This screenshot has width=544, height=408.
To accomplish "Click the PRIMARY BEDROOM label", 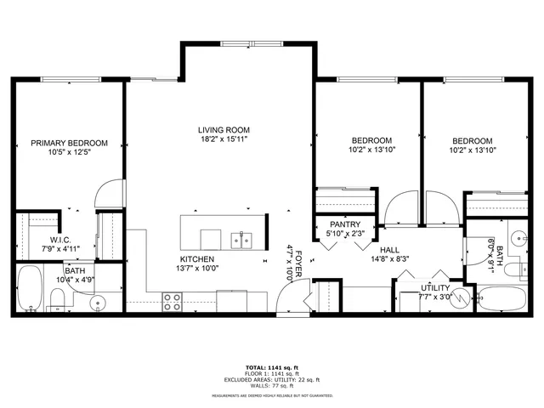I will (x=70, y=143).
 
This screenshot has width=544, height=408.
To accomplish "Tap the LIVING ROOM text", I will (x=224, y=130).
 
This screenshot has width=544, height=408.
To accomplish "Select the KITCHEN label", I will (x=196, y=259).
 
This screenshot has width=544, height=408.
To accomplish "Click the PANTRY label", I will (x=345, y=224).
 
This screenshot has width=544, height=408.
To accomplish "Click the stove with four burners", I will (x=172, y=300).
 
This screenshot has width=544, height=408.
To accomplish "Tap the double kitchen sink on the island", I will (x=241, y=239).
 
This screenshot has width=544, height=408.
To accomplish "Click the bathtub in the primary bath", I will (x=30, y=291).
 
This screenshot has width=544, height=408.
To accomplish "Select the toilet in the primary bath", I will (x=56, y=297).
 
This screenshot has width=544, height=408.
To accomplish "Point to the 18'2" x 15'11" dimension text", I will (x=224, y=139).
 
